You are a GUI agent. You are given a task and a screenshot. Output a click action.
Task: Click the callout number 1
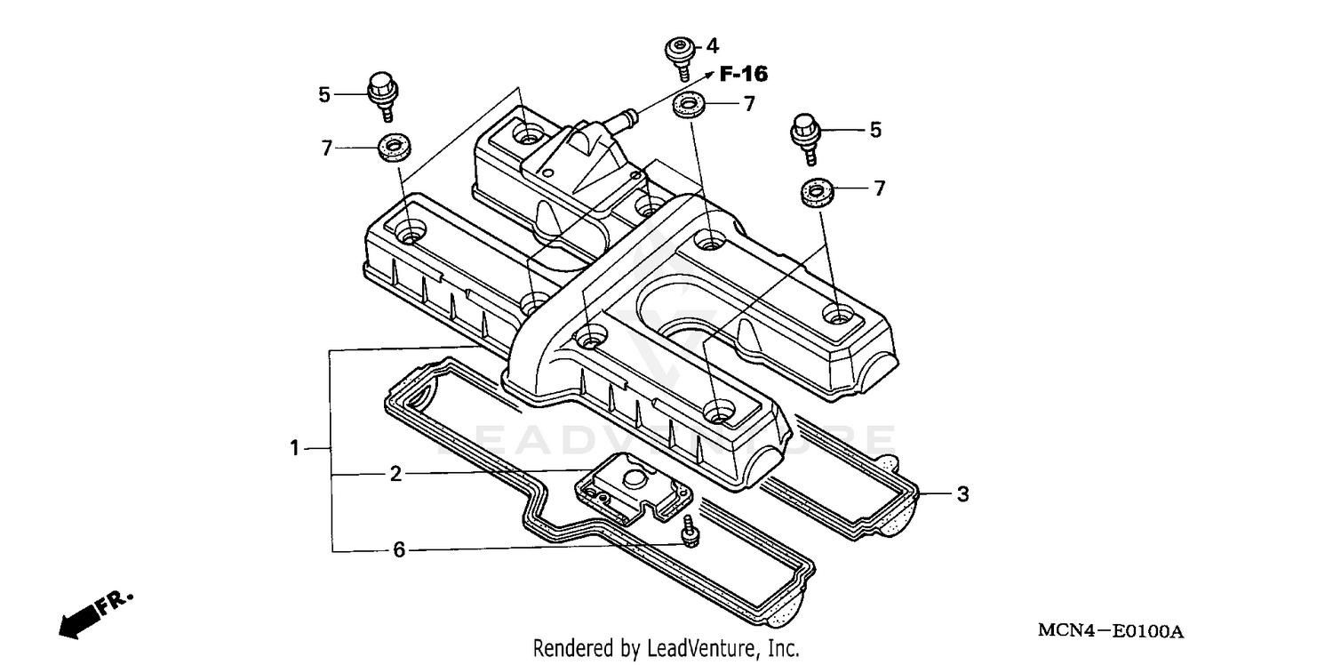coord(294,449)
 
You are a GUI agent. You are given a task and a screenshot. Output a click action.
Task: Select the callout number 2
coord(395,474)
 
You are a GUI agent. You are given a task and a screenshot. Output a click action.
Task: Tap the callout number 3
coord(962,494)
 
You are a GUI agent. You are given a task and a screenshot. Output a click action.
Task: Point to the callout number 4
coord(712,46)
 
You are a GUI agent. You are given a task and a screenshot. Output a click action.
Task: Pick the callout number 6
coord(399,550)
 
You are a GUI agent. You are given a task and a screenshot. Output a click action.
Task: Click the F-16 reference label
coord(743,75)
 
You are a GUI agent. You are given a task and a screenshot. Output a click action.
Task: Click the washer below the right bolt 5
coord(814,193)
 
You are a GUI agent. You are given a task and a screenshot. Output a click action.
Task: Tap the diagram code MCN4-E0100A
coord(1111,631)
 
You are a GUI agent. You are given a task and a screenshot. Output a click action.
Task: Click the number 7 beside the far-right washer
coord(879,188)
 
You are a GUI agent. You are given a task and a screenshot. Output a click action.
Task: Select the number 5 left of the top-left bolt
coord(324,93)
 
